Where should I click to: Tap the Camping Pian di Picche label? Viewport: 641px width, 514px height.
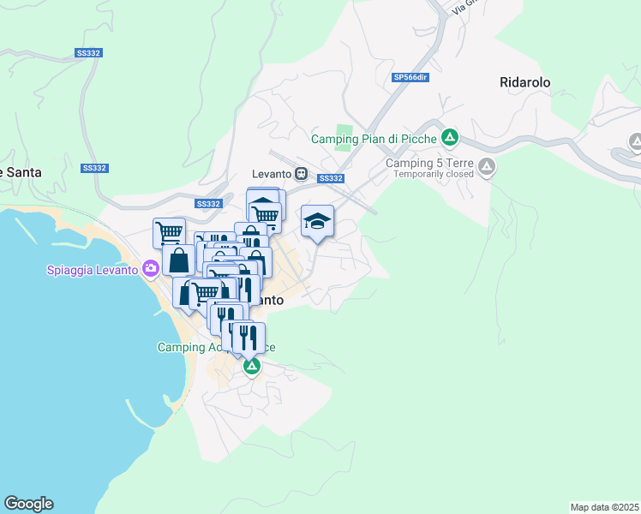point(374,138)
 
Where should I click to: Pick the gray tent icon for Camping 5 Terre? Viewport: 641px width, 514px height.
point(487,166)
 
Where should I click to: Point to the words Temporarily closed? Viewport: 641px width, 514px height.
point(434,175)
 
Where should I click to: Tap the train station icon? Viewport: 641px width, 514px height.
point(301,173)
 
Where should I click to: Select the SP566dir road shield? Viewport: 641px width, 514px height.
point(410,78)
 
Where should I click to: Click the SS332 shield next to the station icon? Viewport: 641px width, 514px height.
point(330,178)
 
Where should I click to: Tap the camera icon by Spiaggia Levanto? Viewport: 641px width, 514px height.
point(151,269)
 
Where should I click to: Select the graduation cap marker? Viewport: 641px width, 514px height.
point(317,222)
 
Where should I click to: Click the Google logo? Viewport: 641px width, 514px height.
point(28,504)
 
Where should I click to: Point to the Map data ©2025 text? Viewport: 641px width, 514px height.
point(604,507)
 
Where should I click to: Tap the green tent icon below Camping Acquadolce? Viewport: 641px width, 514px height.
point(251,367)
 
